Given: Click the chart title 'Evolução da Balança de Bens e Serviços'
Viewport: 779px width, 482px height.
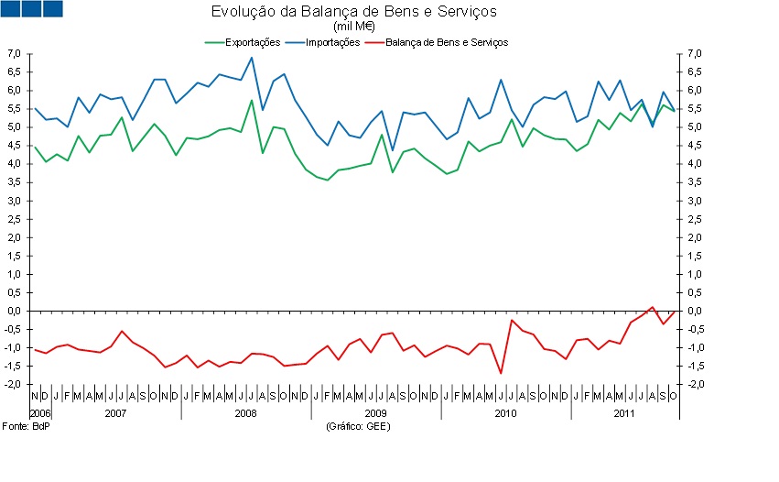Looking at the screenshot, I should coord(354,12).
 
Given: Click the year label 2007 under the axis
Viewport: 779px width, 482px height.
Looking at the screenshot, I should coord(115,413).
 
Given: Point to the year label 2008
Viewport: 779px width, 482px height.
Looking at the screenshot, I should coord(245,413).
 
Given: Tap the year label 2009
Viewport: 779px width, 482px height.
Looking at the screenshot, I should coord(375,413).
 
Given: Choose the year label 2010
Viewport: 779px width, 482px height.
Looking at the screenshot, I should coord(505,413).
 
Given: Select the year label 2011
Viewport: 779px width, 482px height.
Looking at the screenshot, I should coord(624,413).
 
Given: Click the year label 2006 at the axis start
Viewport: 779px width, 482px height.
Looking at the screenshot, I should coord(39,413).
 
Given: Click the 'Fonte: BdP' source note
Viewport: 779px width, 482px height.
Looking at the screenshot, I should coord(25,427).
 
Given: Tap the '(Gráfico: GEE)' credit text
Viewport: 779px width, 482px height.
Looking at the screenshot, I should coord(355,427).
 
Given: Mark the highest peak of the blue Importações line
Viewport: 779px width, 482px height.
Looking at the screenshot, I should coord(252,58).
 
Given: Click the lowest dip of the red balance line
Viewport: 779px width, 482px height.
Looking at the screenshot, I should coord(501,373).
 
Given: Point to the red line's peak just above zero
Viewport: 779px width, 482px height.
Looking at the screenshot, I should coord(652,307).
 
